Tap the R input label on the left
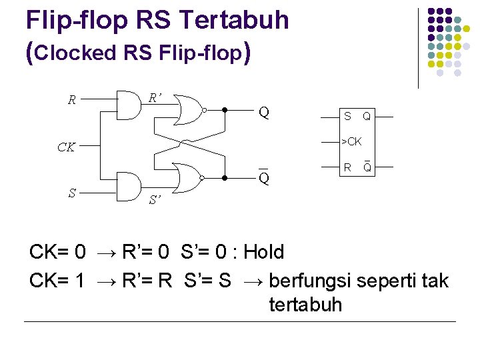coord(72,101)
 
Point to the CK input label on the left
coord(66,147)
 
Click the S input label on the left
coord(72,193)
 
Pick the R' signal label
coord(155,98)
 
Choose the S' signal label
coord(155,199)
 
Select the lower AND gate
coord(131,186)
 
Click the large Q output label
coord(264,112)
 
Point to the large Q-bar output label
coord(264,178)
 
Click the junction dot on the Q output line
coord(225,109)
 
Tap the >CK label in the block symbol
coord(351,142)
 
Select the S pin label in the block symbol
coord(347,117)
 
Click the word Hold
coord(264,252)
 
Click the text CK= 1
coord(57,281)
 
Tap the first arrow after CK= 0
coord(105,253)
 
